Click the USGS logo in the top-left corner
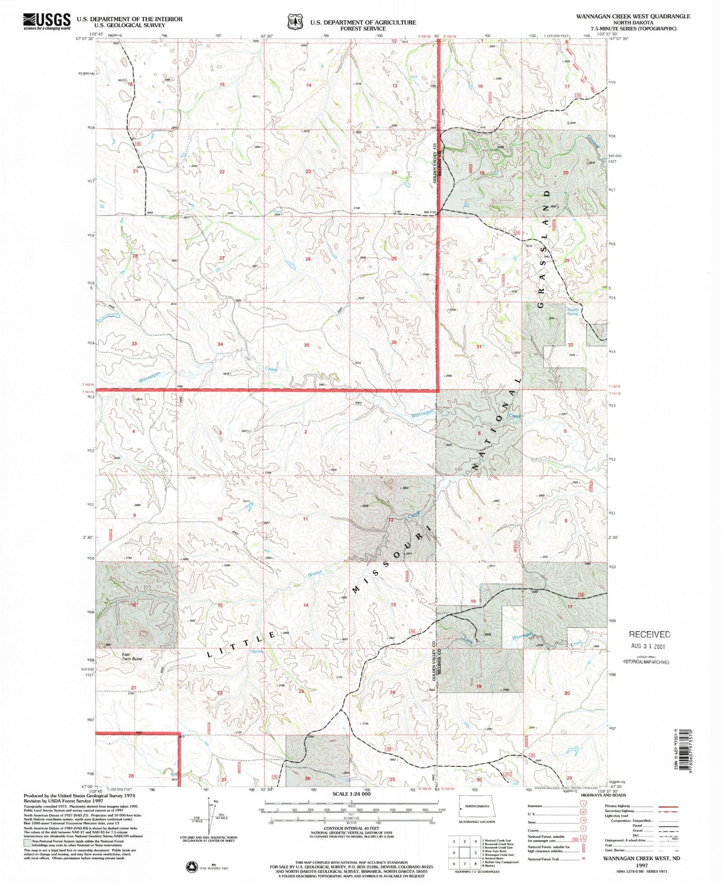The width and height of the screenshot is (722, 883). coord(46,21)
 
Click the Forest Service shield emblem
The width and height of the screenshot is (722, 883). coord(295,22)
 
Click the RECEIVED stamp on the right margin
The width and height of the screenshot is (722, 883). coord(649,634)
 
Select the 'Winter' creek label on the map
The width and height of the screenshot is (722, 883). coord(314,574)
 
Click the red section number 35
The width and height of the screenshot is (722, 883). coord(306,345)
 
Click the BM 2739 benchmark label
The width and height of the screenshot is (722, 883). coord(430,212)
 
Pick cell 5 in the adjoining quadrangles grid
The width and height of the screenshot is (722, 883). coord(465,853)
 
